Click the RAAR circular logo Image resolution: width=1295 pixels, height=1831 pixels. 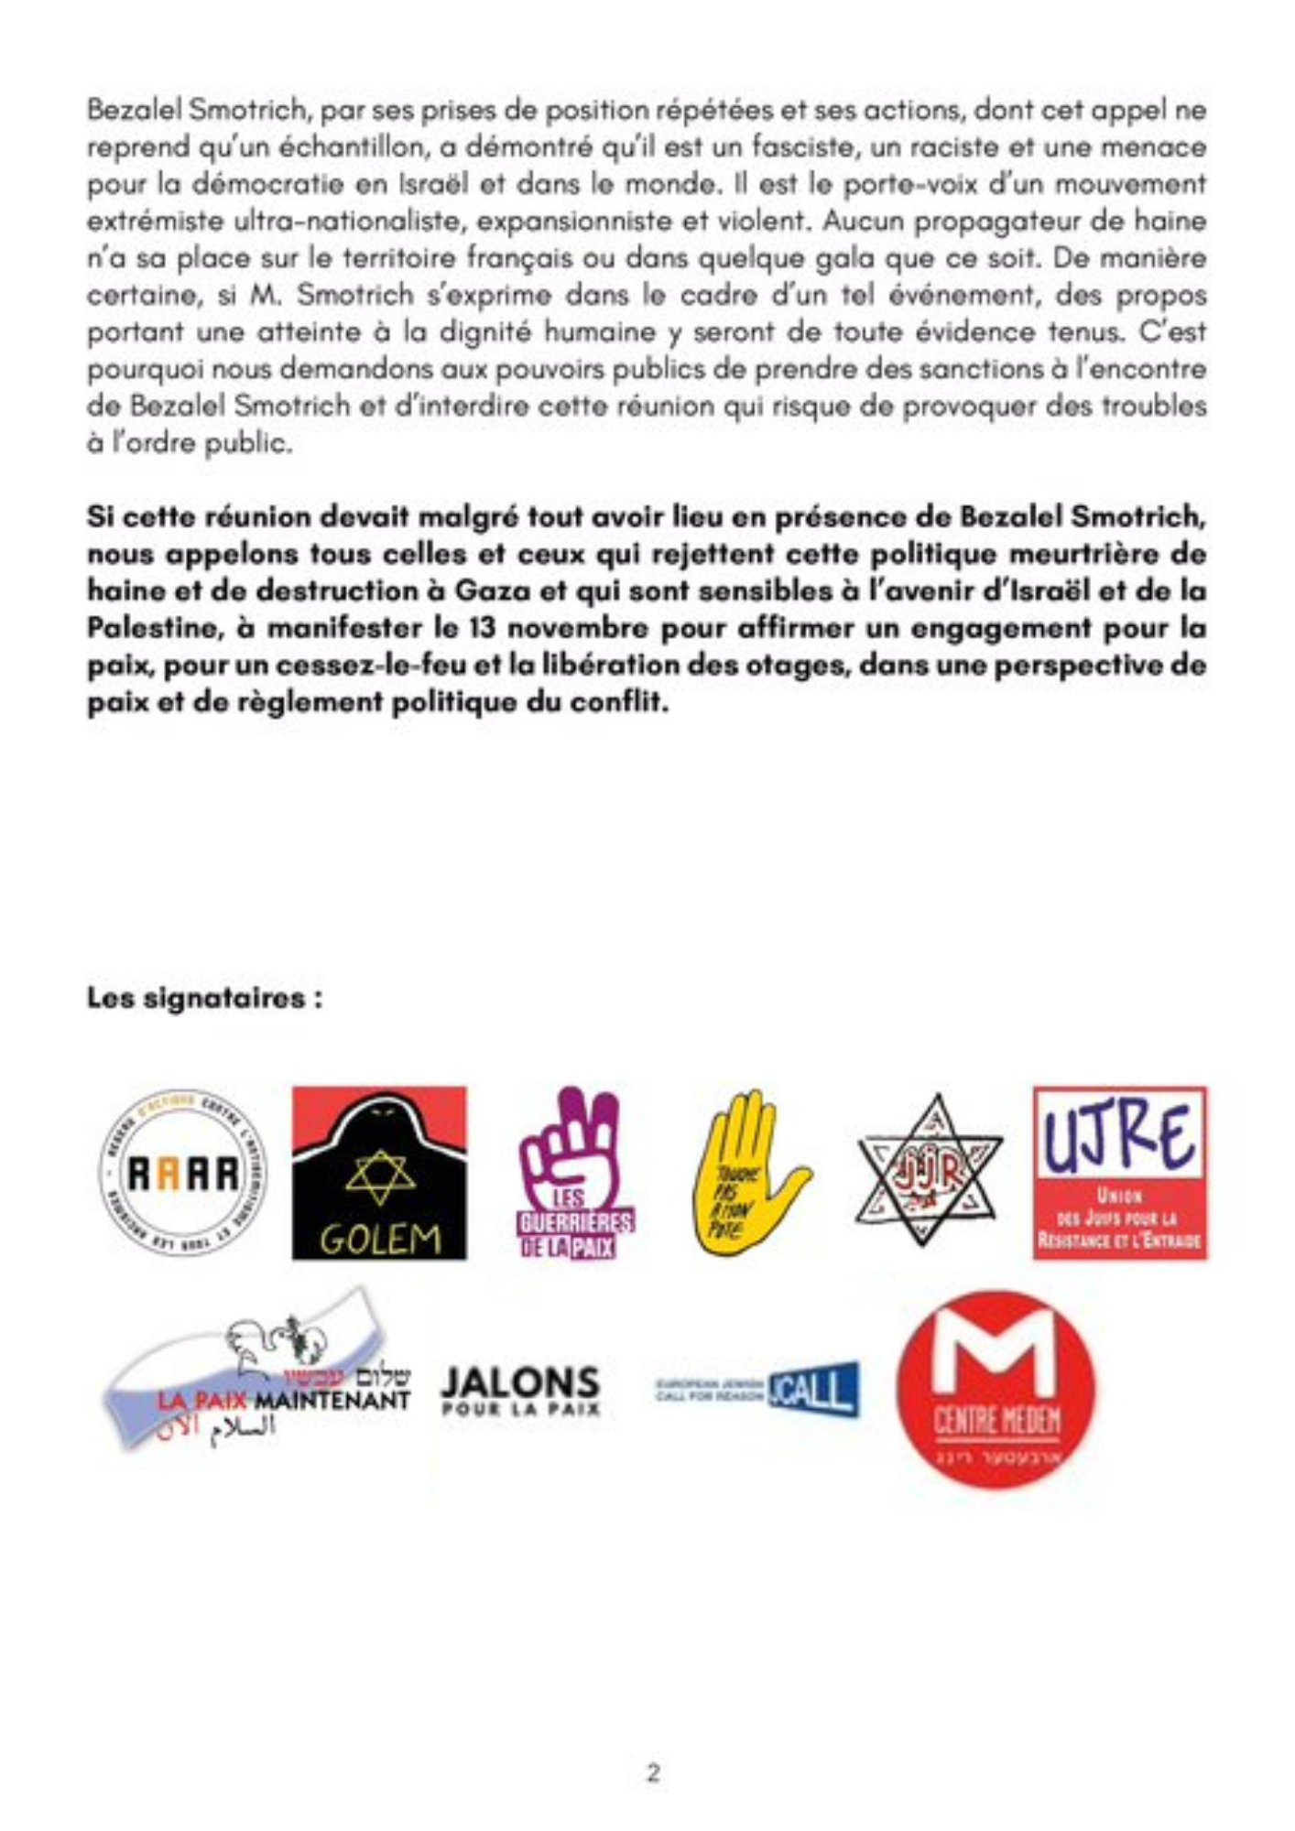[182, 1174]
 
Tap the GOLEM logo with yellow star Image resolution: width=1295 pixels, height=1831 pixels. [379, 1174]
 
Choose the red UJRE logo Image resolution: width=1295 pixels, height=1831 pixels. [1120, 1173]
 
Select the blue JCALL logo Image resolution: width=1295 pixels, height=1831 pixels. [758, 1390]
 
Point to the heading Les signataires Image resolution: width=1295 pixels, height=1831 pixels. [205, 999]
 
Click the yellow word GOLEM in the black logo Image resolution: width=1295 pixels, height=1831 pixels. [379, 1240]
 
